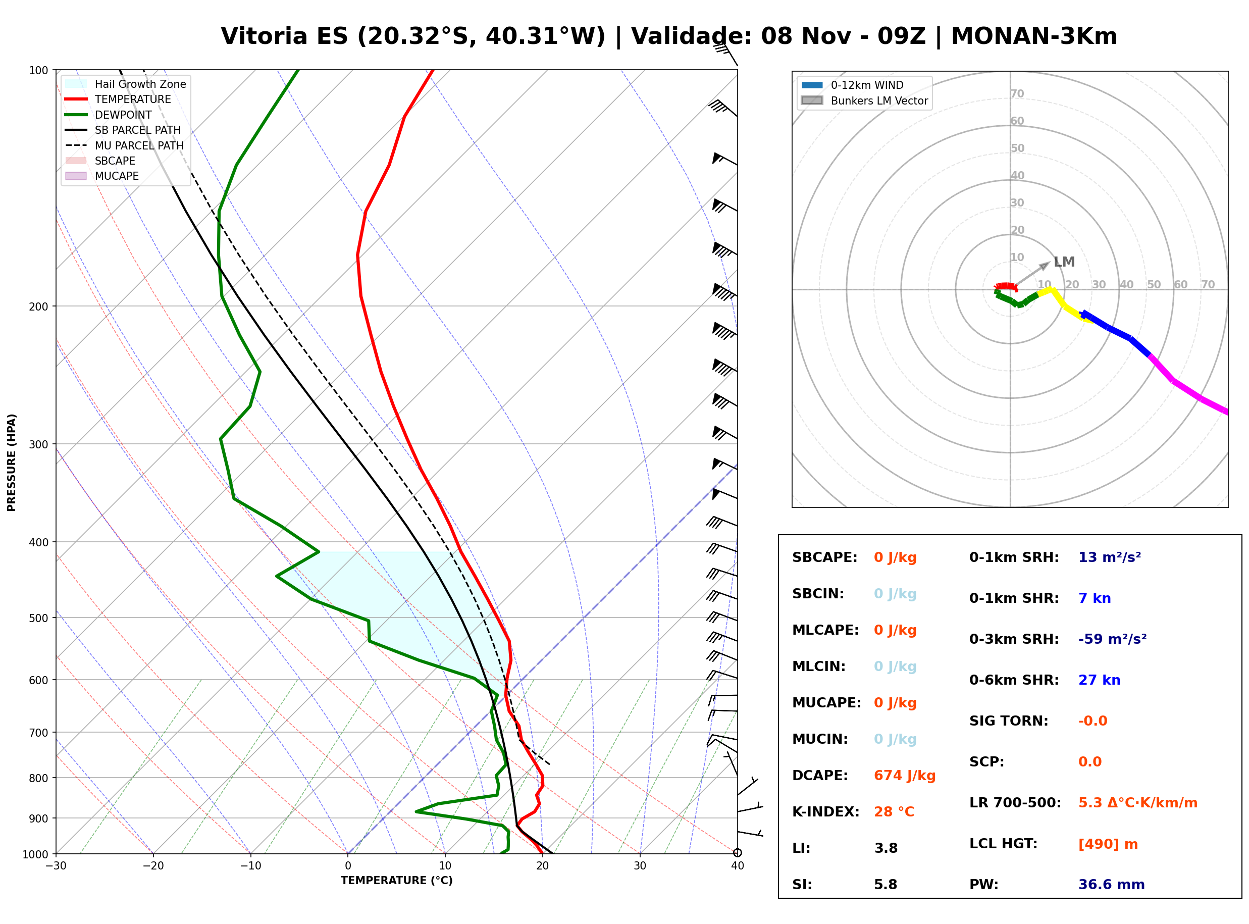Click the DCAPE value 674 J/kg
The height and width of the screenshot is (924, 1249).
click(904, 775)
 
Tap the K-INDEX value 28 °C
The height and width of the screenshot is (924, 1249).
click(894, 811)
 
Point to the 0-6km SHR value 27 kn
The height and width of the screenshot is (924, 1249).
click(1099, 680)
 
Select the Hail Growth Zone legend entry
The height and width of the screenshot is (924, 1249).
click(126, 84)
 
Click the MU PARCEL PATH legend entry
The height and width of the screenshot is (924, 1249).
click(125, 145)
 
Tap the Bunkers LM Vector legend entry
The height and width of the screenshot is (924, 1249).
click(864, 100)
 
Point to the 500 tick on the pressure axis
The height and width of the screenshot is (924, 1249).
click(38, 618)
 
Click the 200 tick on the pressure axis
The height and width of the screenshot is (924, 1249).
click(38, 306)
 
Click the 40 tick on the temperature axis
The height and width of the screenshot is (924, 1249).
click(737, 866)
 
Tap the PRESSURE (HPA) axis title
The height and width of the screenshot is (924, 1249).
click(12, 463)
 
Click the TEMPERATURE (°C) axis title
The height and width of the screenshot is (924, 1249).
click(396, 881)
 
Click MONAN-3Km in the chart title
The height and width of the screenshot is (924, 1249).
click(1034, 36)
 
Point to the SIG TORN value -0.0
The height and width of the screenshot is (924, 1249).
click(1092, 721)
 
